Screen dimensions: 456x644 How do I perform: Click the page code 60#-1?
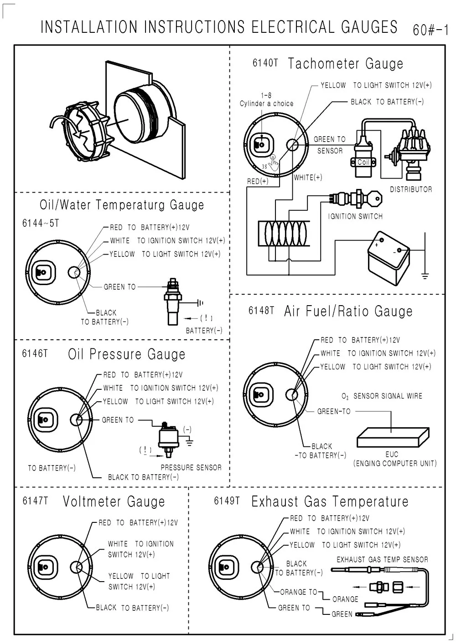point(430,31)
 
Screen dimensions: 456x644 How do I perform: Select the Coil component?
point(363,163)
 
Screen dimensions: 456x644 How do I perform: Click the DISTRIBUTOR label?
point(410,189)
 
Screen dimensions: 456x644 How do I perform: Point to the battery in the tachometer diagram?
point(389,257)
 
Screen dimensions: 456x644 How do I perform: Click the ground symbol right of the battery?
point(425,275)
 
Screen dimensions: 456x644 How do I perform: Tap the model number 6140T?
point(265,63)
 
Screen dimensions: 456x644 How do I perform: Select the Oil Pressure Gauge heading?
point(127,354)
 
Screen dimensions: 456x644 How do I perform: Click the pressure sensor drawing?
point(167,438)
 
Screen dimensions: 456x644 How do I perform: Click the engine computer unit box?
point(392,438)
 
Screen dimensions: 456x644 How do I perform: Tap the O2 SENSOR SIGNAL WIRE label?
point(382,396)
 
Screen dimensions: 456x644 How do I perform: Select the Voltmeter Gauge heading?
point(114,501)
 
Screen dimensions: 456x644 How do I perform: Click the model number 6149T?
point(227,501)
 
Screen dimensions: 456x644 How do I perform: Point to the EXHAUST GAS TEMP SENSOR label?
point(382,560)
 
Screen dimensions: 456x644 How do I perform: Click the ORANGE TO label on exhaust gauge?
point(298,592)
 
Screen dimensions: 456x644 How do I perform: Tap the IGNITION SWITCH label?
point(355,216)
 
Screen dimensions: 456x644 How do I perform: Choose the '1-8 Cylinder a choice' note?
point(267,100)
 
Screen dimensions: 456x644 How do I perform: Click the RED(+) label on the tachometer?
point(258,181)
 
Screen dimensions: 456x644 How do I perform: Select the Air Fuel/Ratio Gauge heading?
point(348,312)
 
